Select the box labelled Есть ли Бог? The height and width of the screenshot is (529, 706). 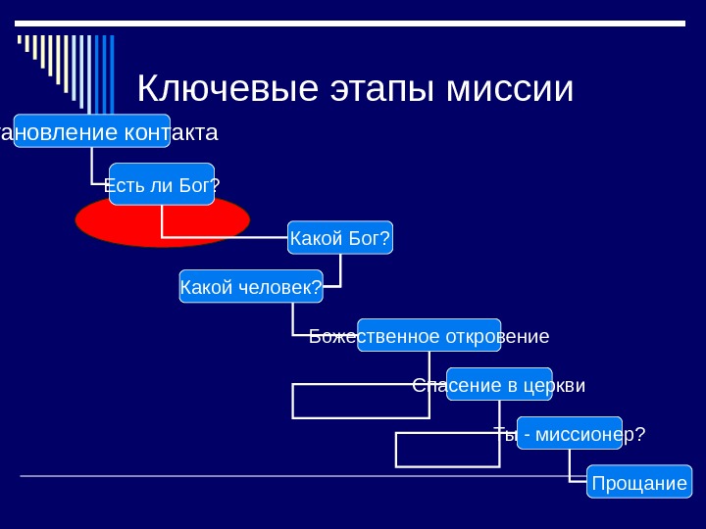point(162,184)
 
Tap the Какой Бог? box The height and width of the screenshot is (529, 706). point(340,237)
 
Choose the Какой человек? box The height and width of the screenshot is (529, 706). point(251,286)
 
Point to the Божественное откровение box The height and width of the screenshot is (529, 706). point(429,335)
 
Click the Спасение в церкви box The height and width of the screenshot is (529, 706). point(499,384)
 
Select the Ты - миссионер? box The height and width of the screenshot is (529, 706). point(570,433)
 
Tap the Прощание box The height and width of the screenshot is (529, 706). point(639,482)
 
